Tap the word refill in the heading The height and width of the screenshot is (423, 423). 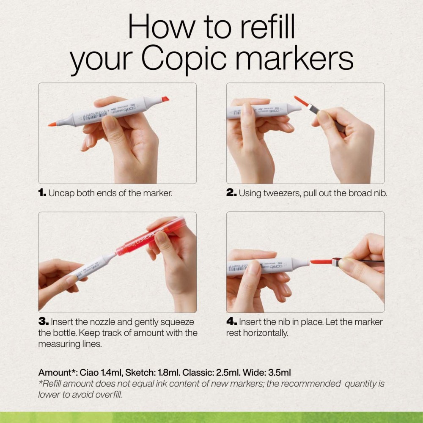(x=267, y=27)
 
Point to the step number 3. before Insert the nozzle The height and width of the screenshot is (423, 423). (x=44, y=322)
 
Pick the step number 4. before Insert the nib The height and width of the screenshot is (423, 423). (x=231, y=322)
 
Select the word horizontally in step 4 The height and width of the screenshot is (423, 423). (x=265, y=333)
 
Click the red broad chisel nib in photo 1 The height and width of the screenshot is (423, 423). (x=165, y=99)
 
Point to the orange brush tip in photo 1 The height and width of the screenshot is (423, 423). (x=52, y=124)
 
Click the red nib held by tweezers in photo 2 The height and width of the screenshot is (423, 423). (x=301, y=101)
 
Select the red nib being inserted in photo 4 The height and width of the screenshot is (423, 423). (x=321, y=262)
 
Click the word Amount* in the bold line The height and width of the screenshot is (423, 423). (x=58, y=373)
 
